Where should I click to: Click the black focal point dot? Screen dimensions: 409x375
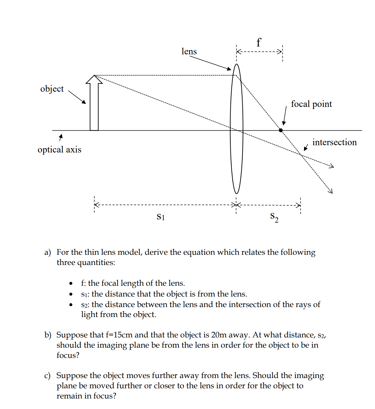tap(281, 130)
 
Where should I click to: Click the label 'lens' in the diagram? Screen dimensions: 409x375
tap(189, 51)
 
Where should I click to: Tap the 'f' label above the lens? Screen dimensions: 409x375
tap(258, 43)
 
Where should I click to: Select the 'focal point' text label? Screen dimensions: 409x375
tap(311, 104)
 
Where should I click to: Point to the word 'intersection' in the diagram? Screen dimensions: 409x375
tap(334, 142)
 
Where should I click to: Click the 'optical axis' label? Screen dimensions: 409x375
tap(59, 150)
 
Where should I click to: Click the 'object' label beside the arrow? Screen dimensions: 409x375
tap(52, 89)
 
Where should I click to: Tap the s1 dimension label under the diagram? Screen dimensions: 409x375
tap(161, 217)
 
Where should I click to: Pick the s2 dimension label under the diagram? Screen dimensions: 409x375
tap(274, 217)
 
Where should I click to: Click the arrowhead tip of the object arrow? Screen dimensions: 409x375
tap(94, 76)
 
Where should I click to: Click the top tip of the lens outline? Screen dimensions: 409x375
tap(237, 64)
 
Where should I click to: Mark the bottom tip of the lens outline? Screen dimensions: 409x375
tap(237, 193)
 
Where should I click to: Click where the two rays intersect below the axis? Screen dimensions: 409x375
tap(301, 155)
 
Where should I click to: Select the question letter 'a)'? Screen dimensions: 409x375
tap(48, 252)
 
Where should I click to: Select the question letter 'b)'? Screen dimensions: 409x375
tap(48, 335)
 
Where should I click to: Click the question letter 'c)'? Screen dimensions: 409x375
tap(47, 375)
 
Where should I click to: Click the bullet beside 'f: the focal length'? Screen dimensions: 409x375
tap(71, 283)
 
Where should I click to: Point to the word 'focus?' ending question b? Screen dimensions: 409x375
tap(68, 355)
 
